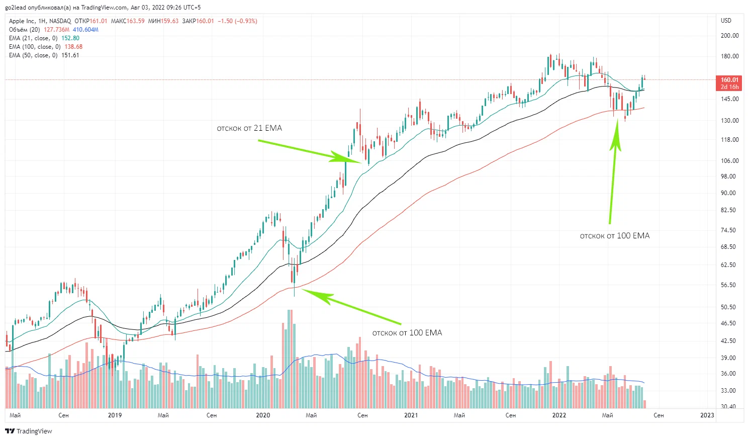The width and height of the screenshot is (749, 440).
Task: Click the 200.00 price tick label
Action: (x=729, y=36)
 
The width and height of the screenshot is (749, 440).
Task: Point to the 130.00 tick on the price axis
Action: (x=729, y=121)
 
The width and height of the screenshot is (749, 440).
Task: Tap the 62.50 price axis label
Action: (x=728, y=265)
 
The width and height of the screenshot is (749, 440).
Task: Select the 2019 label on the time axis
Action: (x=115, y=415)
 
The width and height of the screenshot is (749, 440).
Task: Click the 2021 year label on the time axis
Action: (x=411, y=415)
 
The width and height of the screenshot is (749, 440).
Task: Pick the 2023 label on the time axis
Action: (x=707, y=415)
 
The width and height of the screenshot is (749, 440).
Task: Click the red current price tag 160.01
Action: (x=729, y=80)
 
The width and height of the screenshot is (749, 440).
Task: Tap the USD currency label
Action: (x=726, y=21)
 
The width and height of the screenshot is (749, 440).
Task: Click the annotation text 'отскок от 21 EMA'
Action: (x=249, y=128)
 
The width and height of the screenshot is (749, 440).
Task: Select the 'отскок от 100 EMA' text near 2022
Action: (x=614, y=236)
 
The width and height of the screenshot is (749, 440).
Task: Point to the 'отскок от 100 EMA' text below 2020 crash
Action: (x=407, y=333)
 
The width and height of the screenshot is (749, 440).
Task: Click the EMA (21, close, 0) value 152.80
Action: (x=70, y=38)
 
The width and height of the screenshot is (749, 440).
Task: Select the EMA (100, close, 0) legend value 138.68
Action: (x=73, y=47)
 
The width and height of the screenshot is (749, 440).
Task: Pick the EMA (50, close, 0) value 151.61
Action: (x=70, y=55)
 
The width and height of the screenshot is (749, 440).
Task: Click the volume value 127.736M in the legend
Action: (x=56, y=30)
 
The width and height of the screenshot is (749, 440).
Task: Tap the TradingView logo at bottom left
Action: (x=29, y=431)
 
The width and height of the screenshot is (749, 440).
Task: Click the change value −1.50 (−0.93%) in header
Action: (x=237, y=21)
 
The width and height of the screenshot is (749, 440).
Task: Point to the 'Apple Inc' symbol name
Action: (x=22, y=21)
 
